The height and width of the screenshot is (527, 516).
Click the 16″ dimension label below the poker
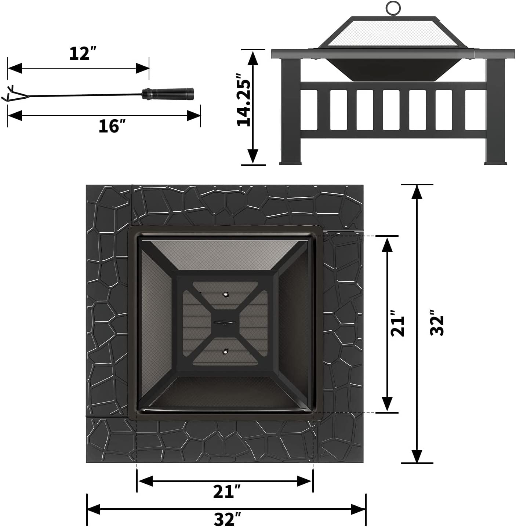[x=109, y=126]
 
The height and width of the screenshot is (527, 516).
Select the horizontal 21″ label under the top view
[x=227, y=491]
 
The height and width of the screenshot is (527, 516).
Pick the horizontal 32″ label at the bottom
[x=227, y=519]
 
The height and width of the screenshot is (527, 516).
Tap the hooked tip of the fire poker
[x=9, y=94]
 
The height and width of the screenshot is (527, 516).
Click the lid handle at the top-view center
[x=225, y=323]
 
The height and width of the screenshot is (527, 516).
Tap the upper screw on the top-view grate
[x=225, y=294]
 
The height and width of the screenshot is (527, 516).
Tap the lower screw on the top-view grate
[x=225, y=352]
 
